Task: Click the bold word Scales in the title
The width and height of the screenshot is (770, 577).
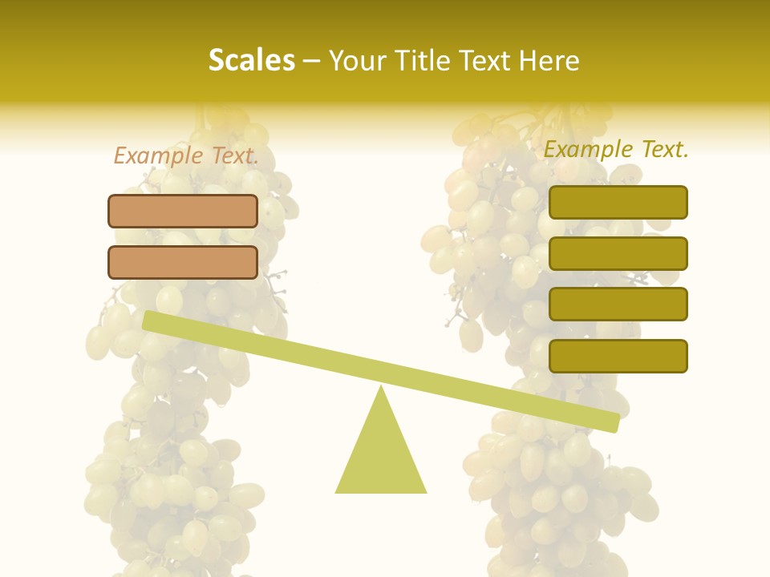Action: pos(251,60)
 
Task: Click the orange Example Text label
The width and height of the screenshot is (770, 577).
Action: pos(186,155)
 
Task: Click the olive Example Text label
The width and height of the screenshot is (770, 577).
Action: pos(616,149)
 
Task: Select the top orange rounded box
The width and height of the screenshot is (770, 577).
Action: pos(183,211)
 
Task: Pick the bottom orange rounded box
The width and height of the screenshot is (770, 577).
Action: pos(183,262)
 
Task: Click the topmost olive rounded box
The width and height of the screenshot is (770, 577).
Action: pos(618,202)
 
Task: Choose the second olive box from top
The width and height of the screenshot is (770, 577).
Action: pos(618,253)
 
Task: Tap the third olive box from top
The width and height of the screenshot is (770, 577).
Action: pos(618,304)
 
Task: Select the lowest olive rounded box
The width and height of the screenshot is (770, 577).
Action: pos(618,356)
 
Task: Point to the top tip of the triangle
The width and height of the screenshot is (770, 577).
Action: pos(381,387)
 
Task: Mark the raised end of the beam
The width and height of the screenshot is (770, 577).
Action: pos(148,321)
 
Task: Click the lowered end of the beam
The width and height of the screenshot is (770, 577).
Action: pos(614,422)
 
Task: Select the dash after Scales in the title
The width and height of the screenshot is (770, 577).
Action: pos(312,61)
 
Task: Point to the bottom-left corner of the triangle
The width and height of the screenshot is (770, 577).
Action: pos(337,491)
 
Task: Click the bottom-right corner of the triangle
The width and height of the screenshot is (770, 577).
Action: pos(425,491)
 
